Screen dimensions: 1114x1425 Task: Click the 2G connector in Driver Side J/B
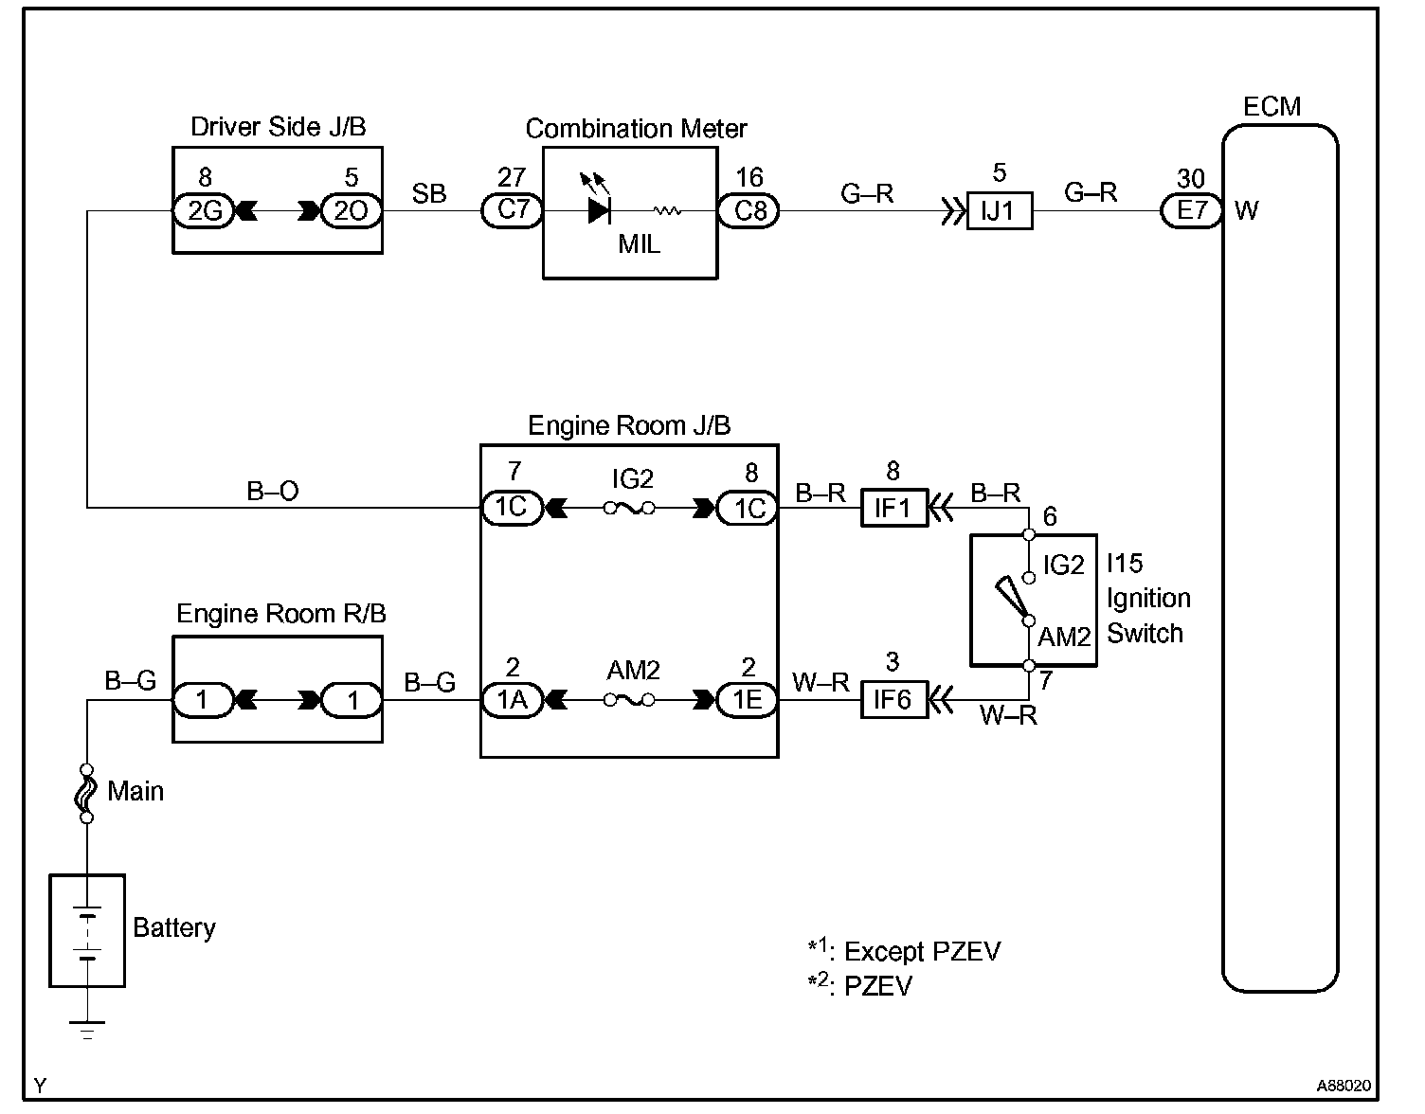(204, 210)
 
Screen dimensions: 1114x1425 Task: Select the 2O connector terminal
(352, 210)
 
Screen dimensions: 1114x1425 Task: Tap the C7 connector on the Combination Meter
(512, 209)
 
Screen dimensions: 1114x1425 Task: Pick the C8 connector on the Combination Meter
(749, 210)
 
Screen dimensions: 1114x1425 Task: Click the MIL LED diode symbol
(600, 209)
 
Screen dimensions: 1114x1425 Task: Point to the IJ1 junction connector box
(999, 210)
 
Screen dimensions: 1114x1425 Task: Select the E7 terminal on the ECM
(1191, 210)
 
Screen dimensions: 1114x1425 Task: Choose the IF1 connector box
(893, 509)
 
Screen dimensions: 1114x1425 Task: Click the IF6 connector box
(893, 700)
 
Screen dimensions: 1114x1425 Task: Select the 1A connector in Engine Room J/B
(512, 700)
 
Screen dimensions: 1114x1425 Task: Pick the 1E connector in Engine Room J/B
(749, 700)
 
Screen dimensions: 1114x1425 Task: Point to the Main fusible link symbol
(86, 792)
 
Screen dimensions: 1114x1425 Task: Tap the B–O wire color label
(273, 491)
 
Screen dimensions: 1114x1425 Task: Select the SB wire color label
(429, 193)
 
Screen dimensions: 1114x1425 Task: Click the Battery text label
(174, 927)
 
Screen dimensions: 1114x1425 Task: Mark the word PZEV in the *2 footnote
(877, 986)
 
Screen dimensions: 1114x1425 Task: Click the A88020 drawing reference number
(1343, 1086)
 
